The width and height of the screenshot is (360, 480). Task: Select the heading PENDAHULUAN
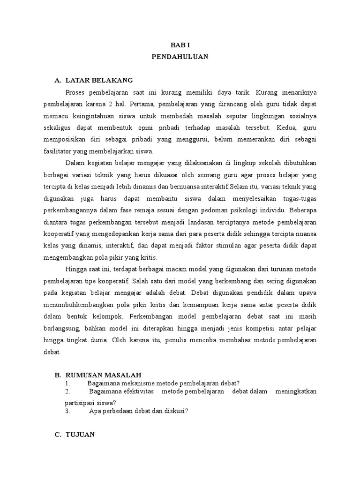[180, 57]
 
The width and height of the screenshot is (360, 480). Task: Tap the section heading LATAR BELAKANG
[99, 80]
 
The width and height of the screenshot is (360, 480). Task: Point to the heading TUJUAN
[80, 435]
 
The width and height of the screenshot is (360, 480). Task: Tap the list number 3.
[67, 411]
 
